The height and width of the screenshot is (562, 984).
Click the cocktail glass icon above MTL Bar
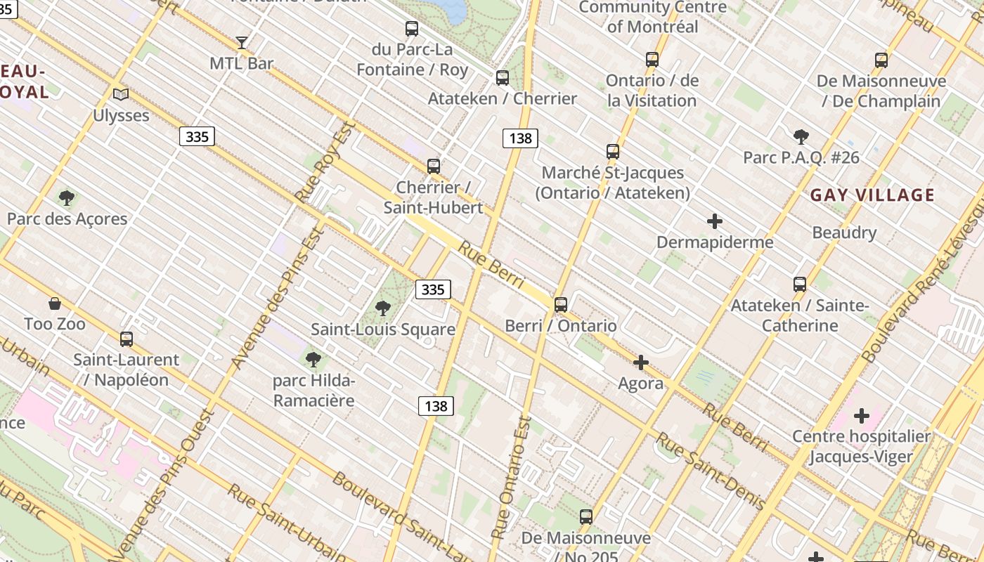point(242,43)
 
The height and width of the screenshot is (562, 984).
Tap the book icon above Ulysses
point(121,94)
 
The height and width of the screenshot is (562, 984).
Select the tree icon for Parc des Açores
point(67,198)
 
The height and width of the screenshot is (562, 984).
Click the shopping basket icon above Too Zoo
point(55,303)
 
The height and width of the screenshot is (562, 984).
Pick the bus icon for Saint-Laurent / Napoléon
point(127,339)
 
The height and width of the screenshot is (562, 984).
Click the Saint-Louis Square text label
point(383,329)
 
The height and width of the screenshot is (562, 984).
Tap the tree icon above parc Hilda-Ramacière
point(313,360)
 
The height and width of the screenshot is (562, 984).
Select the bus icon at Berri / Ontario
point(560,305)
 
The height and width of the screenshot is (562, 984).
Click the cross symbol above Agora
point(640,362)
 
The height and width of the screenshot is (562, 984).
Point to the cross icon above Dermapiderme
point(714,222)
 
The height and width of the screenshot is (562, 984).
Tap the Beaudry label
point(843,233)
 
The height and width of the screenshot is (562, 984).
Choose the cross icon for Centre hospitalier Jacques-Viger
point(861,416)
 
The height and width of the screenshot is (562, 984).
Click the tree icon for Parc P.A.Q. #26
point(801,137)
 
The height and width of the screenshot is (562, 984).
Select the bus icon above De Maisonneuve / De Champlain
point(881,60)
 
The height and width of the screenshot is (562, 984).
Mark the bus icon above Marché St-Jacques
point(613,152)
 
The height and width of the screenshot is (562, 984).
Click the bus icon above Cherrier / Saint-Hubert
point(434,166)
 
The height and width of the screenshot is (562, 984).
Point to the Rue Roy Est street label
point(325,163)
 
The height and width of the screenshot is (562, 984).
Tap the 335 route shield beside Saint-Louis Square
point(433,289)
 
